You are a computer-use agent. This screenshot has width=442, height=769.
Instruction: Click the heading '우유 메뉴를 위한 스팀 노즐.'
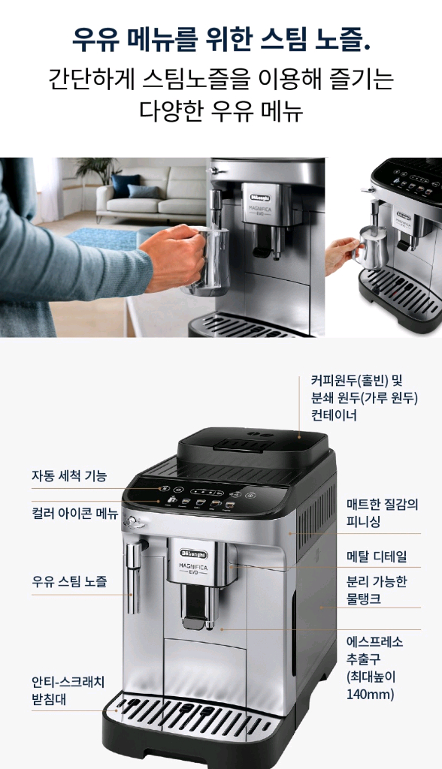(221, 38)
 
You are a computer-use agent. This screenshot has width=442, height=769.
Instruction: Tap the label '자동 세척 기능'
(69, 476)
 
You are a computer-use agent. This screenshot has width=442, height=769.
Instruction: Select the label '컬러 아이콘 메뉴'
(74, 514)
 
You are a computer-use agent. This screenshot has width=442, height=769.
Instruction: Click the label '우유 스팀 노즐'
(69, 581)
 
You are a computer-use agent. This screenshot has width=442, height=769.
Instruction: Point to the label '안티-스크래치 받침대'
(68, 690)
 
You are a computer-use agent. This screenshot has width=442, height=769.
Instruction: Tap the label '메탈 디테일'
(377, 556)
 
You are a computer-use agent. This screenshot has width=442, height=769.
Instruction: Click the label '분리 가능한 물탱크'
(377, 590)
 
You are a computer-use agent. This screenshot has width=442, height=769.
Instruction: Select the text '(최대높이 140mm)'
(371, 685)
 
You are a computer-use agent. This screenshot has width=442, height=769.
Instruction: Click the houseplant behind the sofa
(98, 170)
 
